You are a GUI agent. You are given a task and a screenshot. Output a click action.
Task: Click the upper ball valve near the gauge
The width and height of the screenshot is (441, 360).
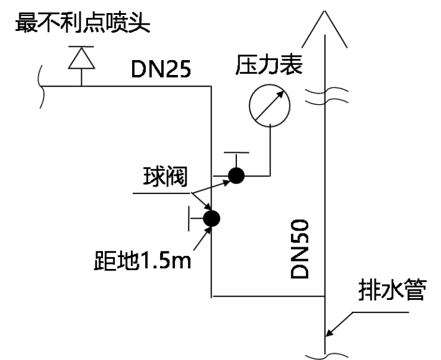click(236, 176)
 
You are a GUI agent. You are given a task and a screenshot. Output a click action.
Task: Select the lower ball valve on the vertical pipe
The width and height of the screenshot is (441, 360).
click(212, 217)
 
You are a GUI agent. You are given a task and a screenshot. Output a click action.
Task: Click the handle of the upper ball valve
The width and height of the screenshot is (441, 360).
click(236, 153)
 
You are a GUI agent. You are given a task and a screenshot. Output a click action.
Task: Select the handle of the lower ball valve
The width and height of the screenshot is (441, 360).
click(190, 218)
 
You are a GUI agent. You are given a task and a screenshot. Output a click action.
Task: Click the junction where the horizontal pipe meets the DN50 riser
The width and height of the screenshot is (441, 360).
click(325, 296)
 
